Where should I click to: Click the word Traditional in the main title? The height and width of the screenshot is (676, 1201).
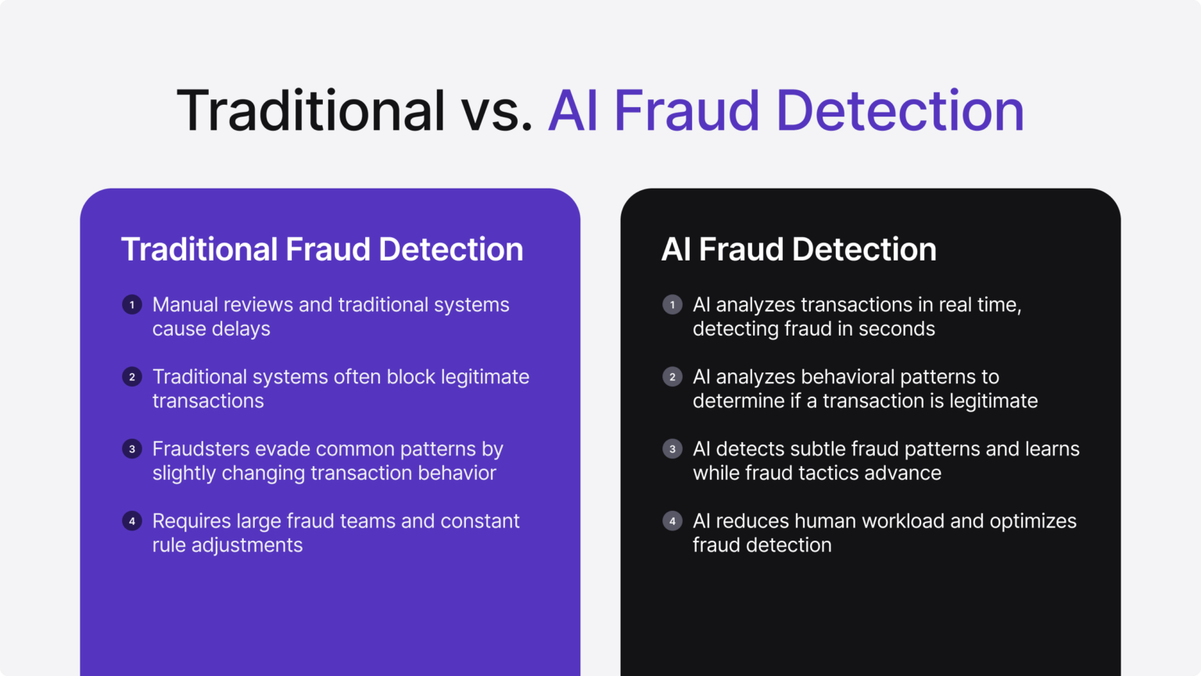[x=310, y=111]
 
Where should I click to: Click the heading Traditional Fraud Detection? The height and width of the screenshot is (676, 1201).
[x=322, y=250]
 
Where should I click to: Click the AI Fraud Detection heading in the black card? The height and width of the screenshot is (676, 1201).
[x=798, y=250]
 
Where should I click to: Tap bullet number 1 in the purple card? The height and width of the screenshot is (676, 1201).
[x=132, y=304]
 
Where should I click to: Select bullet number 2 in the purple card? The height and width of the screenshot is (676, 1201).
[x=132, y=377]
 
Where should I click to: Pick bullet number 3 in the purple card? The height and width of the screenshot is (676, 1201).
[x=132, y=449]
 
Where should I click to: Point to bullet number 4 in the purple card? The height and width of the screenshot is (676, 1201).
[x=132, y=521]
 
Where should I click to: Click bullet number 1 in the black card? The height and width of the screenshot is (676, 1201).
[x=672, y=304]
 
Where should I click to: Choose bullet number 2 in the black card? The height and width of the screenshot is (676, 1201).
[x=672, y=377]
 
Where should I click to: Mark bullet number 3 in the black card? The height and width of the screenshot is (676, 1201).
[x=672, y=449]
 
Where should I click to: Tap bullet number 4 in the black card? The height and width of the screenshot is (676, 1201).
[x=672, y=521]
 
